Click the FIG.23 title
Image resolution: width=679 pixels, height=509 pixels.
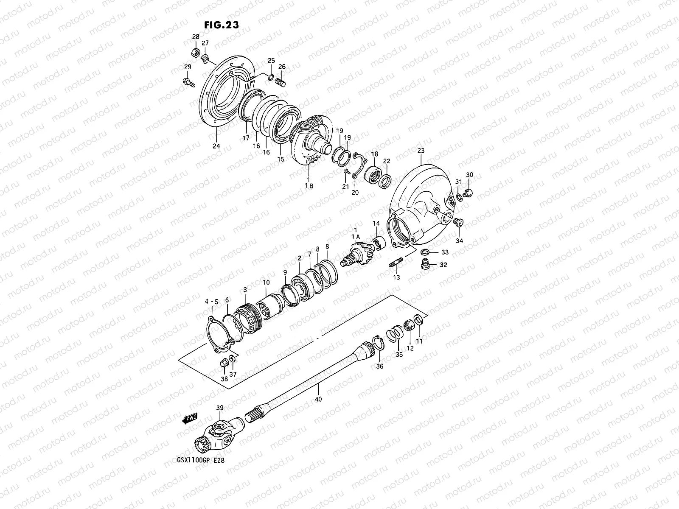tap(222, 25)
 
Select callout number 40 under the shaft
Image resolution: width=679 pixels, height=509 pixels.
tap(319, 399)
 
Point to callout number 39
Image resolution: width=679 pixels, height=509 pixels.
tap(220, 408)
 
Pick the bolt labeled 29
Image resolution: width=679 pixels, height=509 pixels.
tap(188, 81)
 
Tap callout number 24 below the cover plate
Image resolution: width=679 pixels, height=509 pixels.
tap(216, 146)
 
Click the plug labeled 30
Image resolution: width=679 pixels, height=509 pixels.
tap(469, 193)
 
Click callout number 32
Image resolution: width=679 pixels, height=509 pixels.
tap(444, 265)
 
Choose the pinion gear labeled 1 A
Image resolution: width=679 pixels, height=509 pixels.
tap(357, 255)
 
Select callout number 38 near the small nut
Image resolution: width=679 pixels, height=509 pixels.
tap(224, 379)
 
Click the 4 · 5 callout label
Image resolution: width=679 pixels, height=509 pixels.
tap(211, 302)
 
